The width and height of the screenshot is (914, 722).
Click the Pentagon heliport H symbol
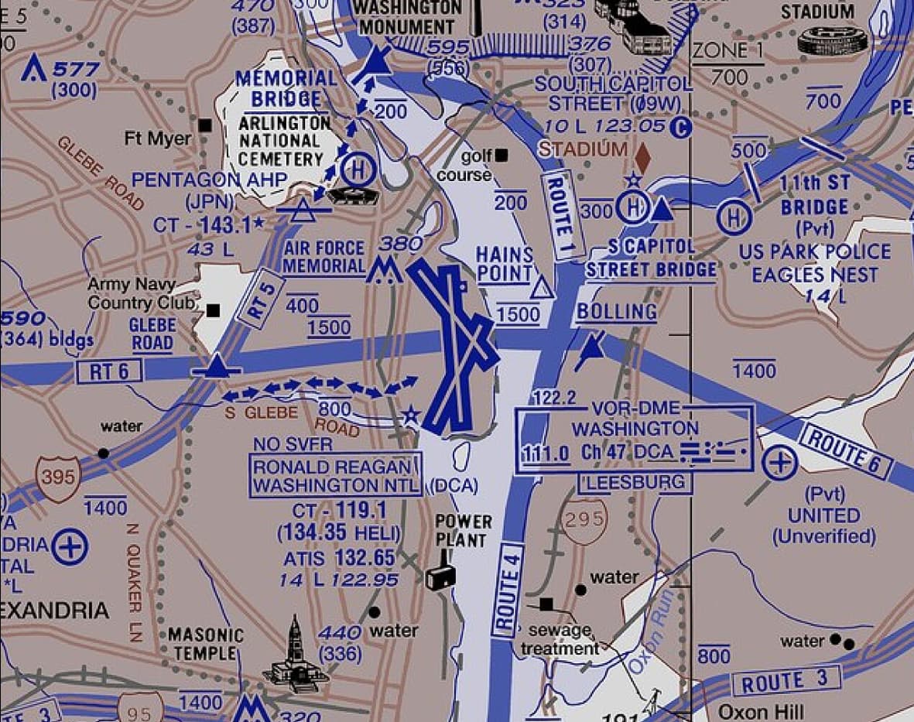pyautogui.click(x=357, y=169)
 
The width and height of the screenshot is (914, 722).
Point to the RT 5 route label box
pyautogui.click(x=262, y=297)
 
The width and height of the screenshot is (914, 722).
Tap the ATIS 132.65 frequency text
pyautogui.click(x=339, y=558)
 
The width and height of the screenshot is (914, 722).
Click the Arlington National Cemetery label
pyautogui.click(x=280, y=141)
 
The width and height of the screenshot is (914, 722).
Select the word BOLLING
pyautogui.click(x=616, y=312)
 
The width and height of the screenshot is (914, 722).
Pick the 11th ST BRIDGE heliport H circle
pyautogui.click(x=732, y=217)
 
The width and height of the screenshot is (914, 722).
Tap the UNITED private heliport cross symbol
pyautogui.click(x=779, y=464)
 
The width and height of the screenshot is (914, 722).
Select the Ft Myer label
pyautogui.click(x=158, y=139)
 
